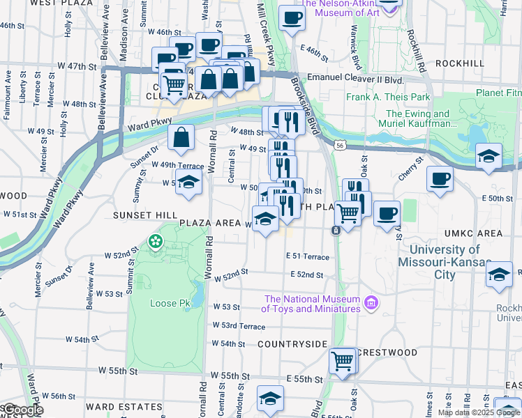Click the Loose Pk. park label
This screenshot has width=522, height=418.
pos(165,303)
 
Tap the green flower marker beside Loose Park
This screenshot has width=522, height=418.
pos(155,242)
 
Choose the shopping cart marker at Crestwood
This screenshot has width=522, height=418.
pos(343,362)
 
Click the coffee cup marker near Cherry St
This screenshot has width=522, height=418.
pos(440,180)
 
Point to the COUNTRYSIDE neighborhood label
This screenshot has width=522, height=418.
pos(292,344)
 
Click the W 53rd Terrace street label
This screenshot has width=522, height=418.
pos(238,326)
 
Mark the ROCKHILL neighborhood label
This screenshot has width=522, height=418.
pos(459,63)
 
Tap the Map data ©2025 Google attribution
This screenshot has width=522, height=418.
pos(478,412)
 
